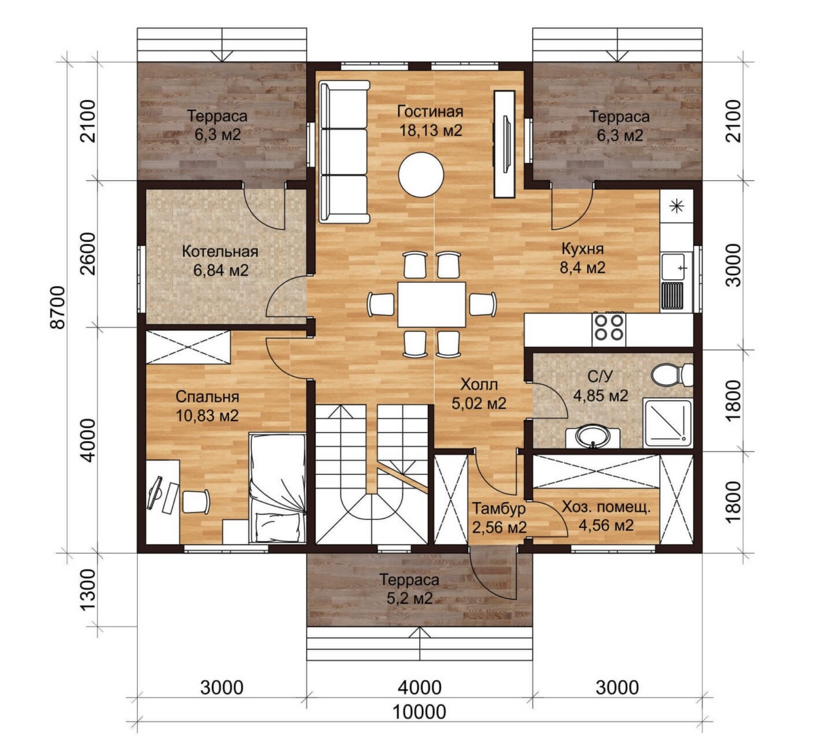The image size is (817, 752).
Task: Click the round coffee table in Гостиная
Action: [421, 175]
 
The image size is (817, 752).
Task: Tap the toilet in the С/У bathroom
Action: [672, 375]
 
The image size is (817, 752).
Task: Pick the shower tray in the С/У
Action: [667, 422]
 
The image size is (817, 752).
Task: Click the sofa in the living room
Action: [344, 152]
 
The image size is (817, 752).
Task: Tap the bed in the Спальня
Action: [277, 488]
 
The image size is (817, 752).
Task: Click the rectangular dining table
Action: [431, 304]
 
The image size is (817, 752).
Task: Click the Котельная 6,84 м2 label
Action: [220, 260]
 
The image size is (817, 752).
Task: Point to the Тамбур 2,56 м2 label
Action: [499, 517]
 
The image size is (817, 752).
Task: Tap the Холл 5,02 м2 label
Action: [479, 394]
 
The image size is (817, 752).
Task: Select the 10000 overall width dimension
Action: [419, 711]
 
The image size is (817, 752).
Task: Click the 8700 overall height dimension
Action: [58, 307]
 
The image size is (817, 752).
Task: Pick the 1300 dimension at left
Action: [88, 590]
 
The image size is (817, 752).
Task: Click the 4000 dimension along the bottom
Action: [420, 687]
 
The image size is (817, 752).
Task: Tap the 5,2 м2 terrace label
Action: [410, 598]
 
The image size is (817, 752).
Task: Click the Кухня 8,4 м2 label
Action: [582, 258]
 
